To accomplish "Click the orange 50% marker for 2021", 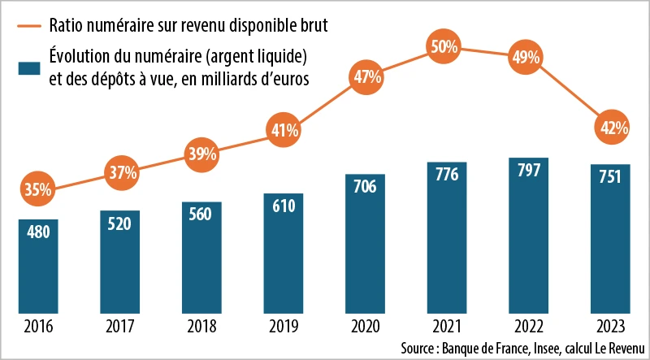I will click(x=445, y=47).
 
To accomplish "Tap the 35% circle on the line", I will click(x=38, y=189).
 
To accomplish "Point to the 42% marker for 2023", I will click(x=609, y=127).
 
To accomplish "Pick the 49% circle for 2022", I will click(x=527, y=57).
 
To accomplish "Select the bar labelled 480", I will click(x=38, y=264).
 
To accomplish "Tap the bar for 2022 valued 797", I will click(x=527, y=236).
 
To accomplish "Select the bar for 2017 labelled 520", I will click(x=119, y=260).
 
